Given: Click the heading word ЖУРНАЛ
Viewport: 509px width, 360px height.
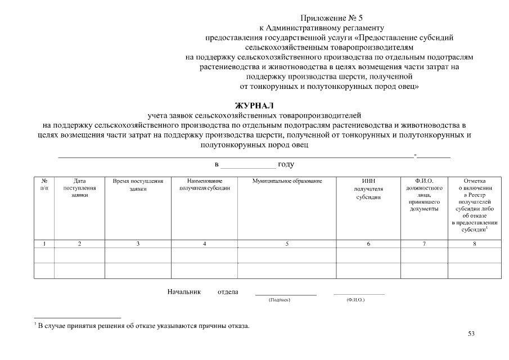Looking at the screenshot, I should coord(255,106).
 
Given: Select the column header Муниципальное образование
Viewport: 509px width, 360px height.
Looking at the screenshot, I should coord(287,181).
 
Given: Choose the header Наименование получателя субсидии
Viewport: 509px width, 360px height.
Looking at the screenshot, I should coord(204,184).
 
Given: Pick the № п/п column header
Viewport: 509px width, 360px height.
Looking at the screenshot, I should coord(44,184).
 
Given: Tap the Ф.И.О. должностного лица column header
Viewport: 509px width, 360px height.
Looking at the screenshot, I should coord(424,195).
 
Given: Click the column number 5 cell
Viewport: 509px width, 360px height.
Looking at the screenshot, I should coord(287,244).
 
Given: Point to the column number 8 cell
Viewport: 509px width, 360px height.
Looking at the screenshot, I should coord(474,244).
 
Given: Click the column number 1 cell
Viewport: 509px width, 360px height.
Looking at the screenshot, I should coord(44,244).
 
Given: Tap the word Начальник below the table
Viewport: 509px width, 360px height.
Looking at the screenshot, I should coord(184,291).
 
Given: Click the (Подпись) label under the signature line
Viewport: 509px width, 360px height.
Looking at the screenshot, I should coord(280,300).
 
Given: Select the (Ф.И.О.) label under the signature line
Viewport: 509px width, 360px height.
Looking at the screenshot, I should coord(355,300).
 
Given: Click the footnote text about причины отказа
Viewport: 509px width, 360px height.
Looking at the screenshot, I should coord(142,326).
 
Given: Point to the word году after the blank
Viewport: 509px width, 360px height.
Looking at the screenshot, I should coord(286,164).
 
